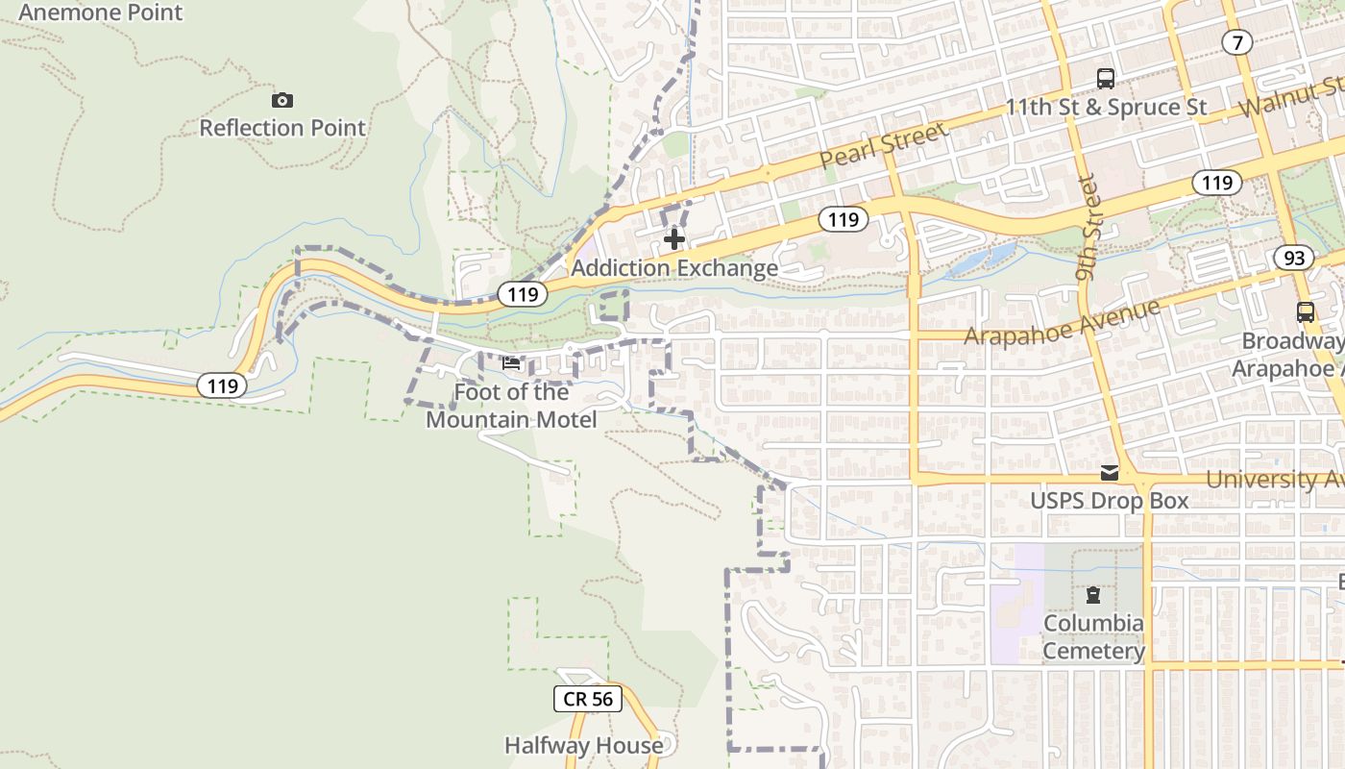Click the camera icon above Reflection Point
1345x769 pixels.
point(281,100)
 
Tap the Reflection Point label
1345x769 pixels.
point(282,128)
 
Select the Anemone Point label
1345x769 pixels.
point(101,12)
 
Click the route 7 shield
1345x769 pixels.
point(1237,41)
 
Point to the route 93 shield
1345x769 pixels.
point(1294,257)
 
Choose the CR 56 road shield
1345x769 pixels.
point(588,699)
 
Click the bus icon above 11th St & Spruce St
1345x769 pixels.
point(1106,79)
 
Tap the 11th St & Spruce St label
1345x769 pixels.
point(1106,107)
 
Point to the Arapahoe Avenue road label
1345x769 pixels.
point(1062,323)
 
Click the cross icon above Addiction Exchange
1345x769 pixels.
point(674,238)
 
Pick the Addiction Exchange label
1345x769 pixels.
point(674,268)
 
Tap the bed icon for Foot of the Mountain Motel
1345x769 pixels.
point(511,363)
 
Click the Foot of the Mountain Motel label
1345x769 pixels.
point(511,406)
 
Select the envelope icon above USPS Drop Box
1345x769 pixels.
point(1110,472)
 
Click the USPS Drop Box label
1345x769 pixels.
point(1110,501)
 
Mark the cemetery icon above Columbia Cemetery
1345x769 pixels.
point(1093,595)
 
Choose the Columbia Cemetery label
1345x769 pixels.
point(1093,637)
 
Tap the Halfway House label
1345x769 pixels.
point(584,745)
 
